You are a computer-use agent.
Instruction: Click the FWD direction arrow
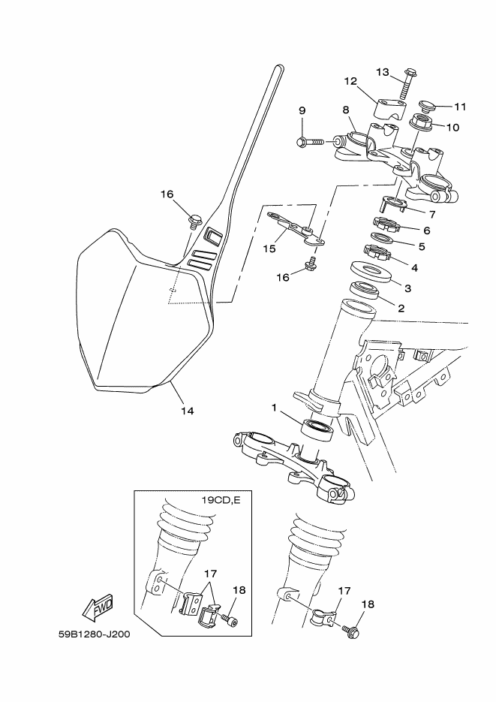click(x=98, y=607)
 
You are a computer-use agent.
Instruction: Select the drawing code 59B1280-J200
click(x=94, y=634)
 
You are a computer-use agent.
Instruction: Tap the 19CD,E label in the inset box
click(x=221, y=500)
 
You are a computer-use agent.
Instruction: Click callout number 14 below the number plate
click(x=188, y=411)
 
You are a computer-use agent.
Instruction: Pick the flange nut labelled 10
click(x=420, y=122)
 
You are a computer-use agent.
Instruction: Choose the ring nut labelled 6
click(x=386, y=224)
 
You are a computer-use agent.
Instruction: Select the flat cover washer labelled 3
click(x=371, y=273)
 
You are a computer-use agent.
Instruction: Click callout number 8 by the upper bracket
click(x=346, y=110)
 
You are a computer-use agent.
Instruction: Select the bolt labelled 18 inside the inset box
click(x=230, y=619)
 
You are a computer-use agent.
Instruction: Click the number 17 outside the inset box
click(x=344, y=592)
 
